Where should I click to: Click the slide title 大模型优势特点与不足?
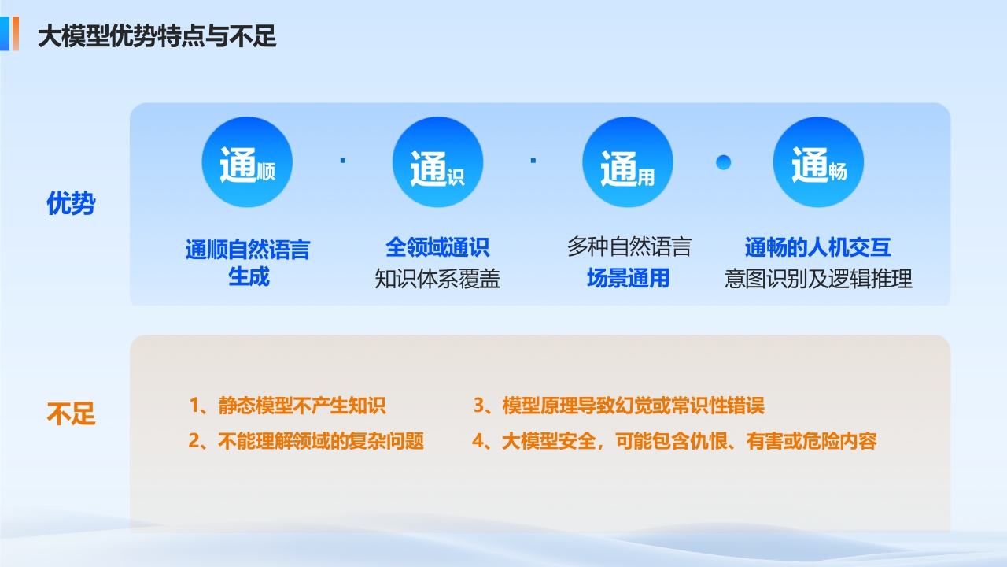coord(157,36)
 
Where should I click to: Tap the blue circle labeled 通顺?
coord(247,162)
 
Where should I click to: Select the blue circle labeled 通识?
coord(437,162)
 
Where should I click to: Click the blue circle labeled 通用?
coord(628,162)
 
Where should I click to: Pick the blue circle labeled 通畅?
coord(818,162)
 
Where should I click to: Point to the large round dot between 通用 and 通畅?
coord(723,162)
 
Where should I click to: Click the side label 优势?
coord(71,203)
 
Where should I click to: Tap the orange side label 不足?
coord(71,413)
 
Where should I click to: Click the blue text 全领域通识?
coord(437,247)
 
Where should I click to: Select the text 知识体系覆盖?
coord(437,279)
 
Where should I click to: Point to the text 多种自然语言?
coord(629,246)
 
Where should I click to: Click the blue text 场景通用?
coord(628,278)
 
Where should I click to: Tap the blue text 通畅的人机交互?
coord(817,247)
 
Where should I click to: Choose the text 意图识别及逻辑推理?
coord(818,279)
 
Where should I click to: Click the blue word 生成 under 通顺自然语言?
coord(249,276)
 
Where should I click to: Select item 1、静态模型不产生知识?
coord(287,406)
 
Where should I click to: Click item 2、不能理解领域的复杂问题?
coord(306,441)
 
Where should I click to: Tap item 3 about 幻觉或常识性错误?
coord(618,406)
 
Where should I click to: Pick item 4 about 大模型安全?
coord(674,441)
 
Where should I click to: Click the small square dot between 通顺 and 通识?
coord(343,160)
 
